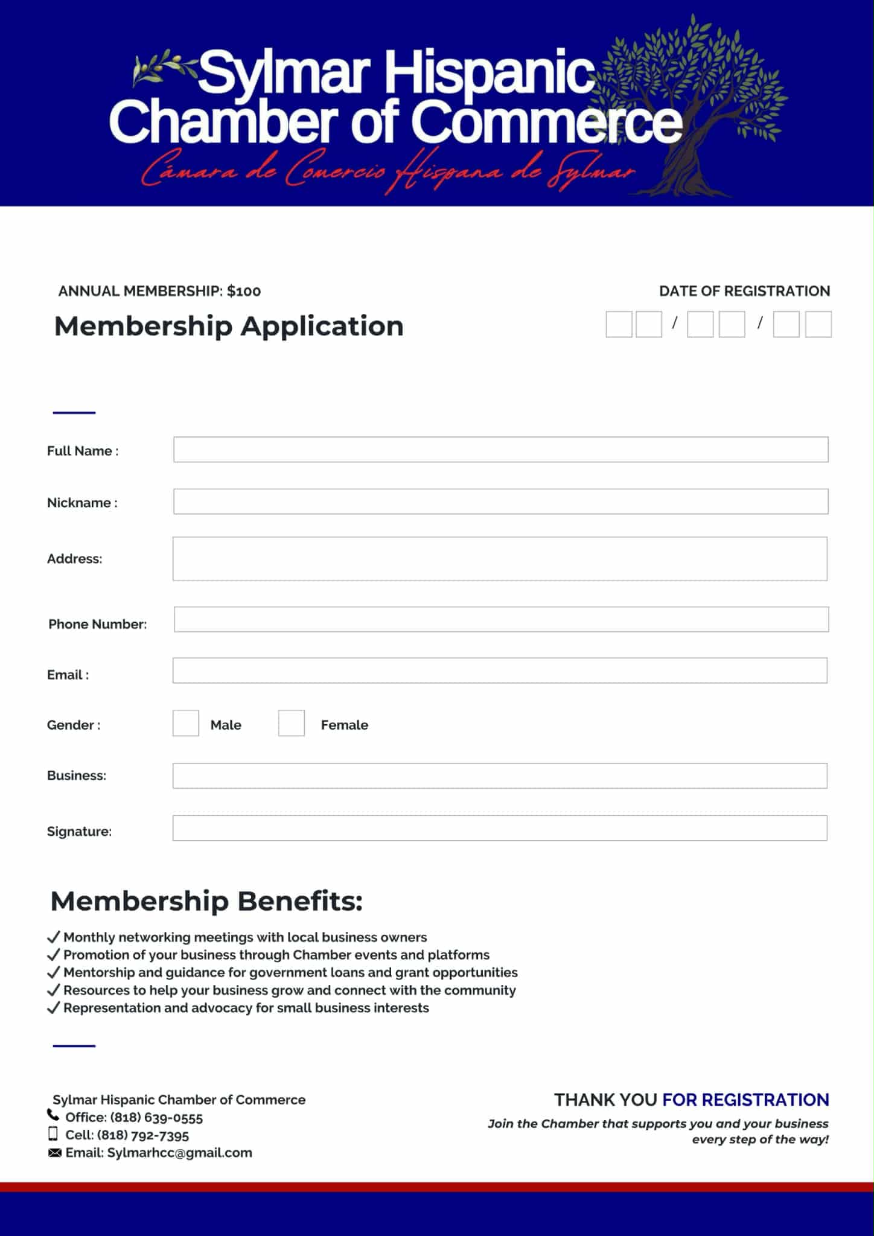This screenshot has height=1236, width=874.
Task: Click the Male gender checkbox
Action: [186, 723]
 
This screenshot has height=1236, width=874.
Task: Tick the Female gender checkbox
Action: [292, 723]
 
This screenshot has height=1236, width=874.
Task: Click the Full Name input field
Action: [500, 450]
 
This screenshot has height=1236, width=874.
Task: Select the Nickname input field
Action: [500, 502]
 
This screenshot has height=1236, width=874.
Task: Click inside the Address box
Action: [500, 559]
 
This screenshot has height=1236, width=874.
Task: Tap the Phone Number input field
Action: [501, 619]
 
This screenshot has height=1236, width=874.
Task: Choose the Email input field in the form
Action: [500, 671]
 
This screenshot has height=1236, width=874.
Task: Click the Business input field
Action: [500, 776]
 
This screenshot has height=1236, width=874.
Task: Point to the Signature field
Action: [500, 828]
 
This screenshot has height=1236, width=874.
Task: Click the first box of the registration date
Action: [619, 325]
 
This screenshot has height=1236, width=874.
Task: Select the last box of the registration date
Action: [818, 325]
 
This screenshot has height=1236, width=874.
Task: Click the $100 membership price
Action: [244, 291]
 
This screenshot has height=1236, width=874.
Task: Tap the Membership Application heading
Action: [229, 327]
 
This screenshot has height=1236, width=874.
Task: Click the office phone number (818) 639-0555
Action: [156, 1118]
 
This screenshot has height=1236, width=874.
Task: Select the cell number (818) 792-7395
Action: [143, 1135]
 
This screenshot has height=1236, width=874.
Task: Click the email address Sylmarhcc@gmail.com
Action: [179, 1153]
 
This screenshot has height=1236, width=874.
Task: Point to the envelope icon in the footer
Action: [54, 1153]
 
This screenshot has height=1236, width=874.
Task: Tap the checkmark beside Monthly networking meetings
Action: [54, 937]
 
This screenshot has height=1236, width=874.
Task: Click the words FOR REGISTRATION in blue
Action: [745, 1100]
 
